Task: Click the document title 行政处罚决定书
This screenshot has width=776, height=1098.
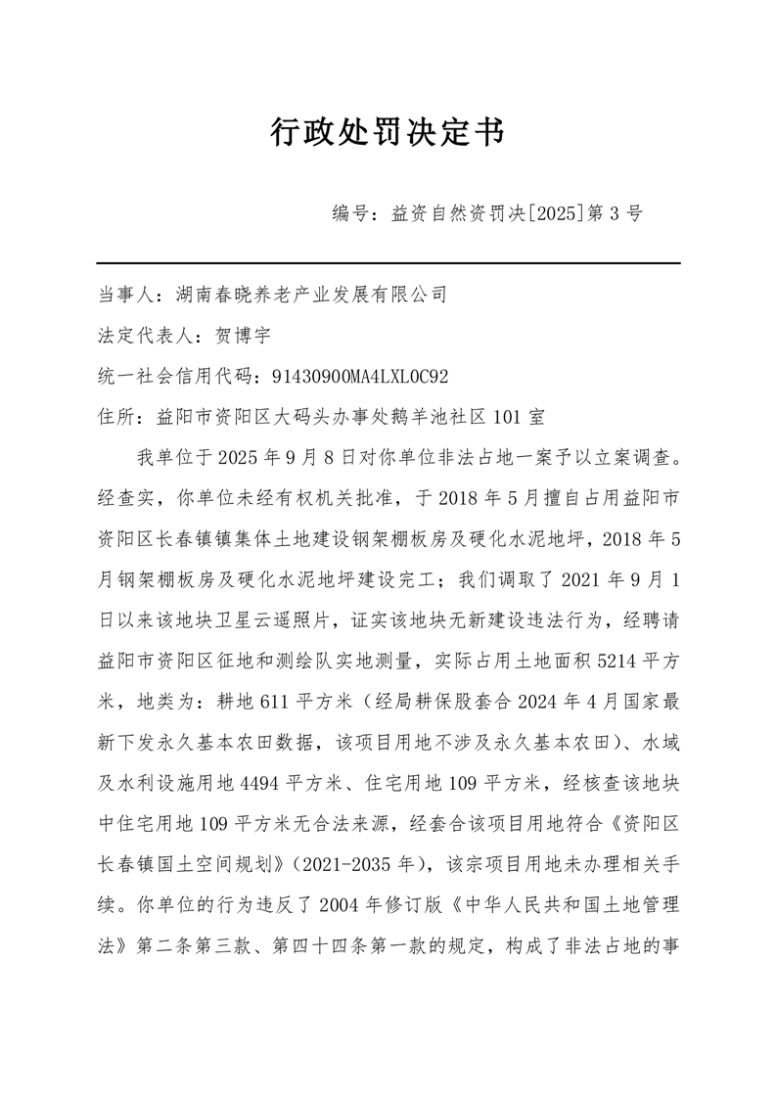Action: point(388,133)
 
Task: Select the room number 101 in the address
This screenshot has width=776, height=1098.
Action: point(507,417)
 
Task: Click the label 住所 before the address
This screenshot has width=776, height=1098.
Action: point(114,417)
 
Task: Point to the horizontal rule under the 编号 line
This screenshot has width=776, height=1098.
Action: point(388,262)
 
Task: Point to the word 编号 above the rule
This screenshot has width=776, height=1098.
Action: point(350,214)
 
